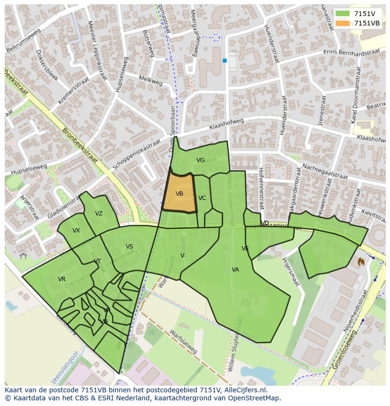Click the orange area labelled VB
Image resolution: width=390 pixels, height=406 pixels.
(179, 193)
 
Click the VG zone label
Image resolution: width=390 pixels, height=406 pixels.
(200, 160)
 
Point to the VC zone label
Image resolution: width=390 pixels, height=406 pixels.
(202, 198)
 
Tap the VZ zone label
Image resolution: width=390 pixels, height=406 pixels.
(98, 214)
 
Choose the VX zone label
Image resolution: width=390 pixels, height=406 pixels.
(76, 231)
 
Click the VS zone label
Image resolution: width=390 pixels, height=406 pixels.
(129, 247)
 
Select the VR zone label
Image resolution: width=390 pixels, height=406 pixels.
(62, 279)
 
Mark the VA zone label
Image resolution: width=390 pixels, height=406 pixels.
(235, 270)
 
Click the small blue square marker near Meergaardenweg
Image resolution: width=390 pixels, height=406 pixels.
(225, 60)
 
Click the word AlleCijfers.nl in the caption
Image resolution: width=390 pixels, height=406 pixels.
(245, 390)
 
